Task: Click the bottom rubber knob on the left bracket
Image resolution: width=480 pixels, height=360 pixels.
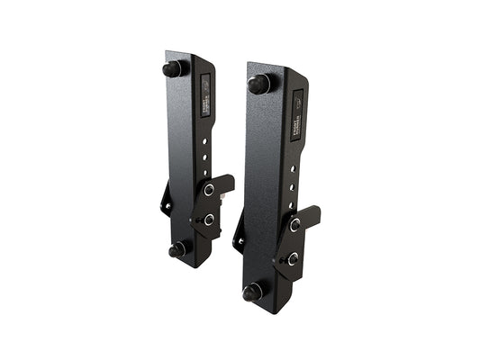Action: coord(177,248)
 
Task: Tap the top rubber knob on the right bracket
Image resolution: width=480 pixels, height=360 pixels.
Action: coord(258,85)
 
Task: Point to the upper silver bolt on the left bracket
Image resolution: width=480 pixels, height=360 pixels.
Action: coord(209,191)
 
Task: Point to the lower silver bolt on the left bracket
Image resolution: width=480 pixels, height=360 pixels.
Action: coord(209,219)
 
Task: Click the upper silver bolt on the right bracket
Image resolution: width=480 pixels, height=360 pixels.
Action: coord(294,224)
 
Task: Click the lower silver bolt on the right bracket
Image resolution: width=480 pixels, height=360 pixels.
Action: coord(293,258)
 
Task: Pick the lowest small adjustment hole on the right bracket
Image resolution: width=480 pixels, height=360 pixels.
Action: coord(294,202)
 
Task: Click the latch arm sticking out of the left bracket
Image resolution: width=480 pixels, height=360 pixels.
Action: coord(225,184)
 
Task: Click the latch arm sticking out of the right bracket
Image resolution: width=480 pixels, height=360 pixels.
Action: coord(311,216)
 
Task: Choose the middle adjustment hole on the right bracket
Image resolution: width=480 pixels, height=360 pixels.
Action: coord(294,184)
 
